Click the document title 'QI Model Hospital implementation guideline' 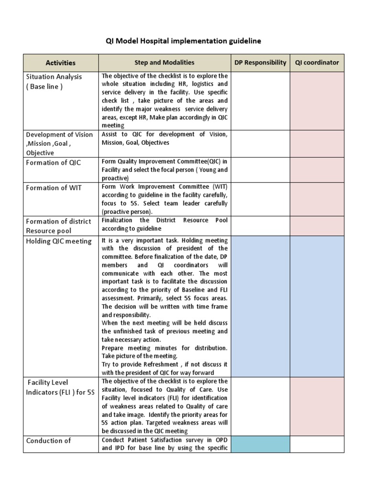tap(183, 41)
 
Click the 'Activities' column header tap(61, 63)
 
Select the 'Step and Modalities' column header tap(164, 62)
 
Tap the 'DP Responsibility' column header tap(260, 62)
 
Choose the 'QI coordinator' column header tap(317, 62)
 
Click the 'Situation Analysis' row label tap(54, 76)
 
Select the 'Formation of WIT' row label tap(54, 188)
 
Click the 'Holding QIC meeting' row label tap(59, 241)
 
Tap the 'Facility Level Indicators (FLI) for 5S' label tap(60, 387)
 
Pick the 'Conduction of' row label tap(48, 440)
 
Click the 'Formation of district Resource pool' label tap(59, 225)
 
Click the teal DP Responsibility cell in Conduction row tap(260, 444)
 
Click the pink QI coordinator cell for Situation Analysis tap(317, 101)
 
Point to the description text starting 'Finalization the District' tap(164, 224)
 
